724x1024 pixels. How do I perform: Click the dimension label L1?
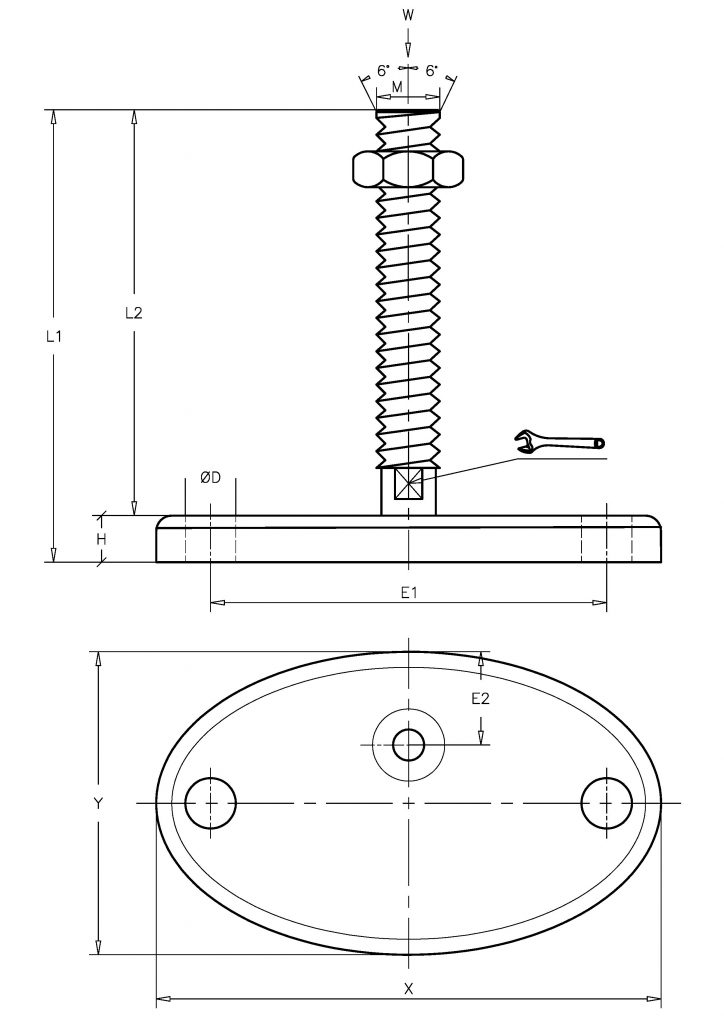[x=54, y=337]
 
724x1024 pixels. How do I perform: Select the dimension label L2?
[x=133, y=313]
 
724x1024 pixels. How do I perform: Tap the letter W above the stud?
[x=408, y=16]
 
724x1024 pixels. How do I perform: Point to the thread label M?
[x=397, y=86]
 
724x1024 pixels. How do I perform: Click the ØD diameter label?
[x=211, y=478]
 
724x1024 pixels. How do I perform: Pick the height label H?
[x=101, y=539]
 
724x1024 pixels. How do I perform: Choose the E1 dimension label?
[x=409, y=592]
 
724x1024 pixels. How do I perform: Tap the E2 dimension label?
[x=480, y=699]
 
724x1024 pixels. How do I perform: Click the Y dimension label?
[x=98, y=803]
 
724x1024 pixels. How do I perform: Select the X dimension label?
[x=409, y=989]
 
